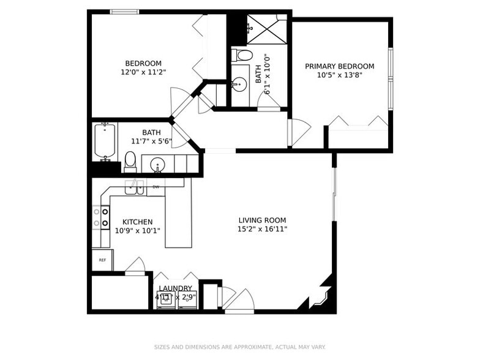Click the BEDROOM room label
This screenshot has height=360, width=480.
click(143, 64)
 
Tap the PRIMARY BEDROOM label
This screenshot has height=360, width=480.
click(339, 66)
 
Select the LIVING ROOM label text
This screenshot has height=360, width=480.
click(262, 220)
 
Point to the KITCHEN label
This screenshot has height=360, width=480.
click(137, 222)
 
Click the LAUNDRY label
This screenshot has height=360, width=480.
click(175, 288)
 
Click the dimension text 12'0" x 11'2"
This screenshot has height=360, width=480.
click(143, 72)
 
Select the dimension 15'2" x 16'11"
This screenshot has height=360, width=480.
click(262, 229)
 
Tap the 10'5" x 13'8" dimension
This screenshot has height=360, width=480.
click(339, 75)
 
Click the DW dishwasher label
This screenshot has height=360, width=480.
click(156, 187)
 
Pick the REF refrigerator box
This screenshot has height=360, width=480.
click(103, 260)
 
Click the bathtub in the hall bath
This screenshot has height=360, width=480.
click(105, 141)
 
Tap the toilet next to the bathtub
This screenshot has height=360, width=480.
click(130, 162)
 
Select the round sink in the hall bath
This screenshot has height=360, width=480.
click(157, 165)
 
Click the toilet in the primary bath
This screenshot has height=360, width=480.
click(242, 55)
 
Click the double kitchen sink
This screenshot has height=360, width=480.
click(134, 187)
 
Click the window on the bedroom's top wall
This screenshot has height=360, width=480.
click(125, 12)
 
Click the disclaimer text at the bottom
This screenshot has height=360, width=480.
click(240, 347)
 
